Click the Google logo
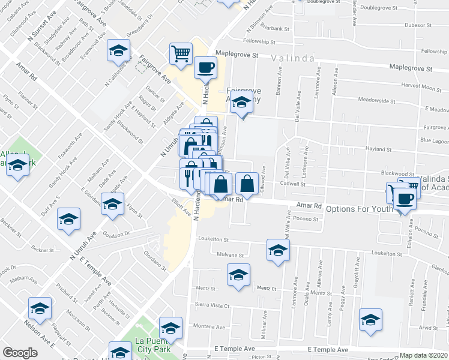tap(20, 353)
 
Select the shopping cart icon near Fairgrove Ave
tap(180, 55)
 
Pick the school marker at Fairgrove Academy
tap(242, 106)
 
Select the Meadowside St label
tap(373, 100)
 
